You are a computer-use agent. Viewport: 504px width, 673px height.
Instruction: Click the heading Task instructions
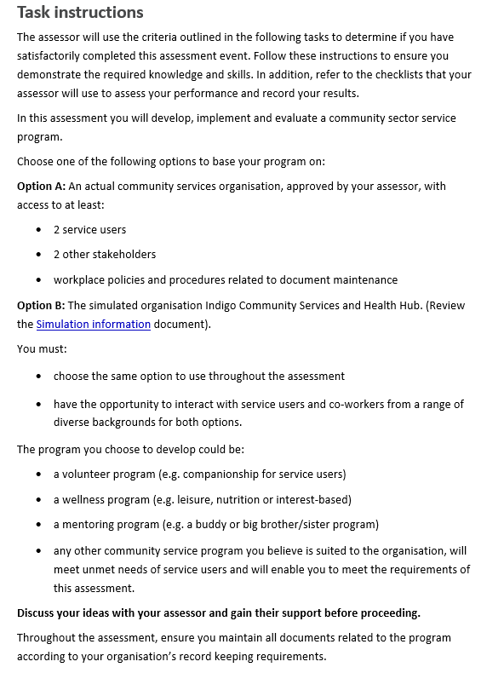(80, 13)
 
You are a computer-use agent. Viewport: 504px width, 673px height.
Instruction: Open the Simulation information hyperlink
(94, 325)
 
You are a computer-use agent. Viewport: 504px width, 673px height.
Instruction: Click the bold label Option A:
(41, 187)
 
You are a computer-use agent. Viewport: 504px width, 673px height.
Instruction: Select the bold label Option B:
(41, 306)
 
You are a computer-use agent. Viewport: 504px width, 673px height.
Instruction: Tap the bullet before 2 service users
(39, 230)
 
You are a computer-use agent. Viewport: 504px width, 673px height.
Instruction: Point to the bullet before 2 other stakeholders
(39, 255)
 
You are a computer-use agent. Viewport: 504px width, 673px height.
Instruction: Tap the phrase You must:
(42, 348)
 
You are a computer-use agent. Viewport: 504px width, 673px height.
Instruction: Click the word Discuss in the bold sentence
(39, 613)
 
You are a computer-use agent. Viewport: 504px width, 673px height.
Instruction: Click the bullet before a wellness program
(39, 500)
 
